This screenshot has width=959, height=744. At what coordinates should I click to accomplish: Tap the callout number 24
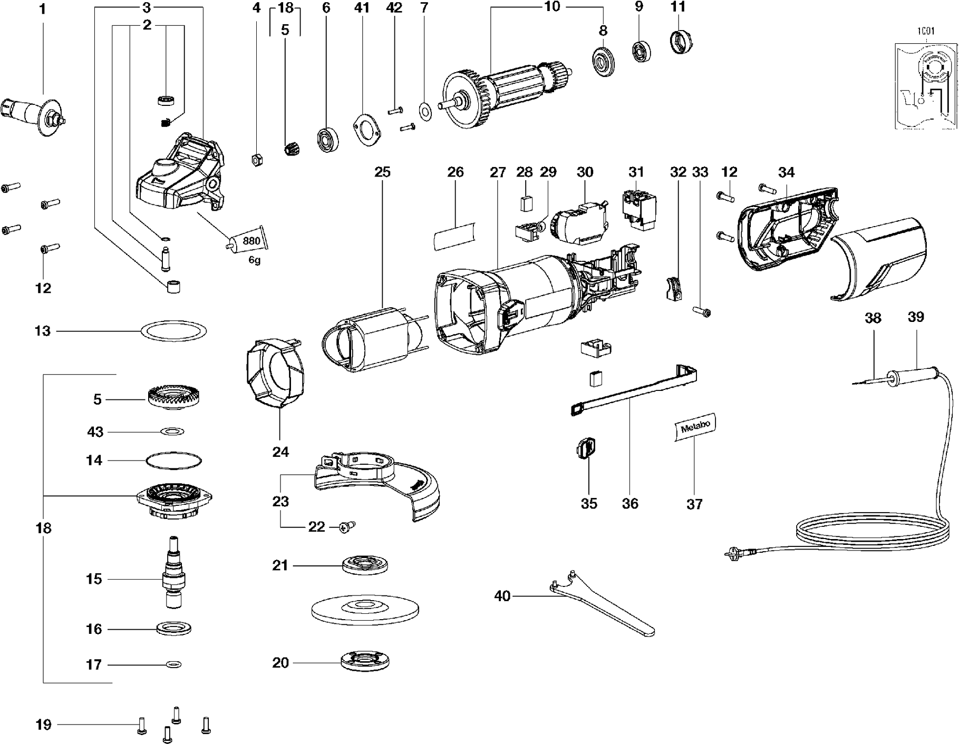coord(280,452)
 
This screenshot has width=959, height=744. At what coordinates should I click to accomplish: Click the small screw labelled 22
coord(348,526)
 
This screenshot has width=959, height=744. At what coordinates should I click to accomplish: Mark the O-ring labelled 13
coord(173,331)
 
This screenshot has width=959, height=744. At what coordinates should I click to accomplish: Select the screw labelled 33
coord(702,313)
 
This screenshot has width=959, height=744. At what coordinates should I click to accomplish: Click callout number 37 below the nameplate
coord(694,504)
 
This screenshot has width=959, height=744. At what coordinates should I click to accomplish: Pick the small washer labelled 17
coord(172,664)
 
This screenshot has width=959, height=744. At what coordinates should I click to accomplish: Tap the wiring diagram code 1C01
coord(926,31)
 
